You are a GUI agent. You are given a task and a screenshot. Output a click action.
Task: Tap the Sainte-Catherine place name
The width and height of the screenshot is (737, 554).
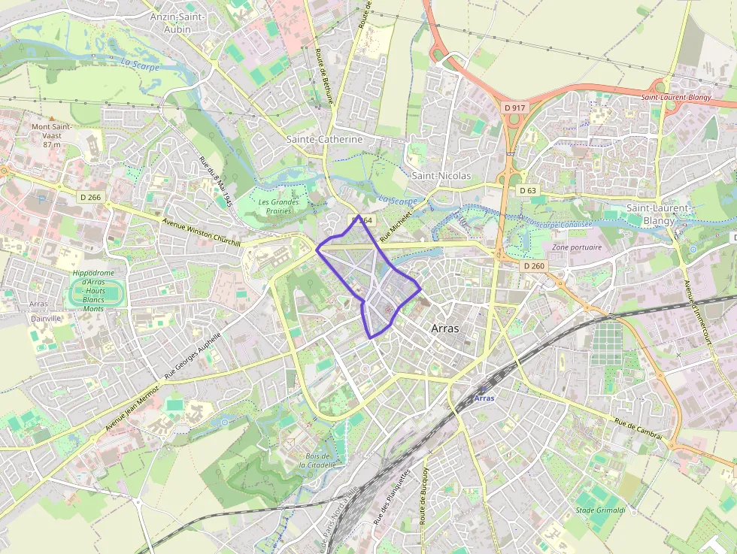(324, 140)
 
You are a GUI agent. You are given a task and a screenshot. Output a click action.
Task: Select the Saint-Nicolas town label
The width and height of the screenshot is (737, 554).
(441, 176)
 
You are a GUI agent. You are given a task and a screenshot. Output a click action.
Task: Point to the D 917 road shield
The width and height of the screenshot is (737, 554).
(515, 108)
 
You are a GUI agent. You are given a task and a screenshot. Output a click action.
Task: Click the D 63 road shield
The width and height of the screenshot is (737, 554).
(528, 191)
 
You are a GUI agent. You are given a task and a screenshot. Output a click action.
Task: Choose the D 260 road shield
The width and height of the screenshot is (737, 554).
(534, 266)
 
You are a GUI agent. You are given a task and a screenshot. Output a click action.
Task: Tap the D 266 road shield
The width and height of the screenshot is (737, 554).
(89, 198)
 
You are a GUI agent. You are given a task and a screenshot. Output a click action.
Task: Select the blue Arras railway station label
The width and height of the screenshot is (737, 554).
(485, 398)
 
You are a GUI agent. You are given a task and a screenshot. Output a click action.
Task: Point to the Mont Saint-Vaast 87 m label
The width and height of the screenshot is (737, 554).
(51, 135)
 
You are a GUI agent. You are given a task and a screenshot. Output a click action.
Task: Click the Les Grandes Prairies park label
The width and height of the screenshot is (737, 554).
(278, 206)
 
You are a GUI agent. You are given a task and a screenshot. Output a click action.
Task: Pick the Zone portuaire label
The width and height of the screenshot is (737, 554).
(577, 247)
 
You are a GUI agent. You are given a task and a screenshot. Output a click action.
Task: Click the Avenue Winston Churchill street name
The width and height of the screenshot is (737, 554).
(201, 232)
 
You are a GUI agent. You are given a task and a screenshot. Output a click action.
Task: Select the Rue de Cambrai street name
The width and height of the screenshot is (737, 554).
(638, 429)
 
